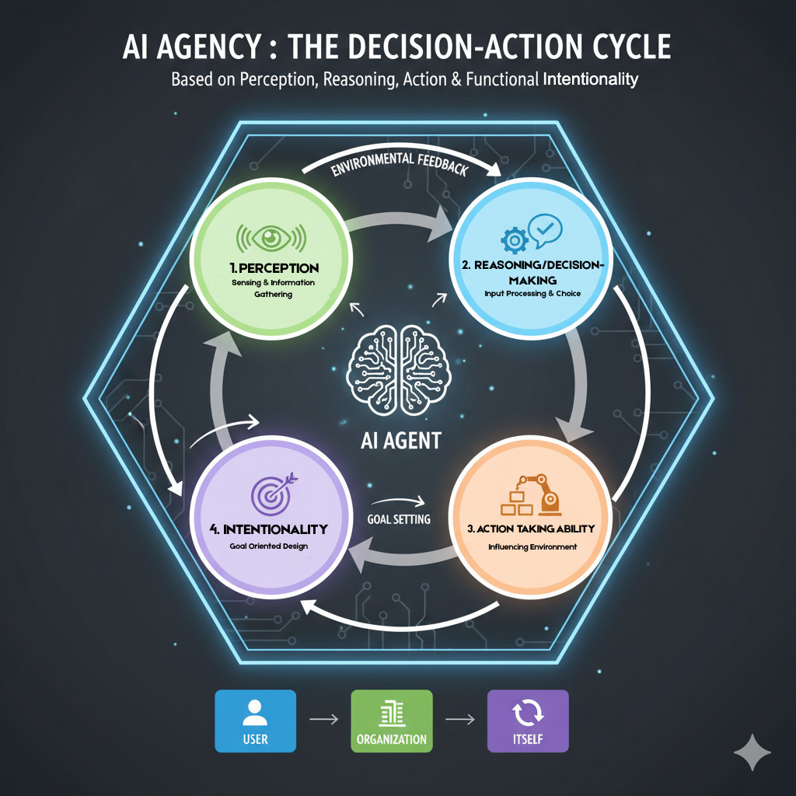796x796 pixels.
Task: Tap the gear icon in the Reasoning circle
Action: (x=514, y=241)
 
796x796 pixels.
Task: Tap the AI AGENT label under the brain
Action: (x=401, y=441)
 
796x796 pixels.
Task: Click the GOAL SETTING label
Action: (x=398, y=519)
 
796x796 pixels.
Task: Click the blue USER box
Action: (x=255, y=721)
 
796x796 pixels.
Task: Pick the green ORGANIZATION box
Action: (x=391, y=721)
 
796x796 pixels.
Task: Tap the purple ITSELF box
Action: (x=528, y=721)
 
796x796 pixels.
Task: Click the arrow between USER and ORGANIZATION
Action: (x=323, y=720)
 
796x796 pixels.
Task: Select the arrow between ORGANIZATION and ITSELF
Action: (x=459, y=720)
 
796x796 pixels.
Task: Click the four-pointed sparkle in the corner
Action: (x=752, y=752)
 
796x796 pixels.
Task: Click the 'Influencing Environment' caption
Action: (x=532, y=546)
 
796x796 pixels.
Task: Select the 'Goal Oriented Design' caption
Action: (x=269, y=546)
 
